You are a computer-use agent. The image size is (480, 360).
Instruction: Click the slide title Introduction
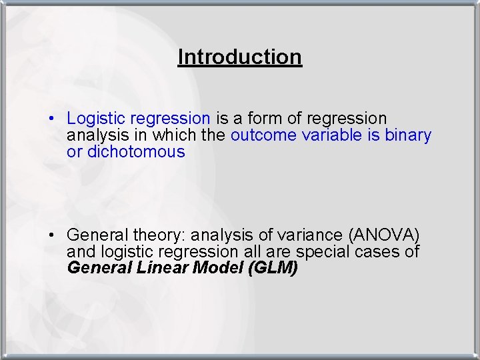(240, 57)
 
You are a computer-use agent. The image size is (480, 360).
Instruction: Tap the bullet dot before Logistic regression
(51, 119)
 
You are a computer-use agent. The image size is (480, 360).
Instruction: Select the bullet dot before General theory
(51, 236)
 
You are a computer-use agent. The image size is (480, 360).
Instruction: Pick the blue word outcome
(263, 135)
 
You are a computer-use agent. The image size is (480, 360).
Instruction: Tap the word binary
(408, 135)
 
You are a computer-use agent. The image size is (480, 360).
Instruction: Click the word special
(322, 252)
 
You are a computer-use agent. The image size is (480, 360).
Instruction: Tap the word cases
(379, 252)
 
